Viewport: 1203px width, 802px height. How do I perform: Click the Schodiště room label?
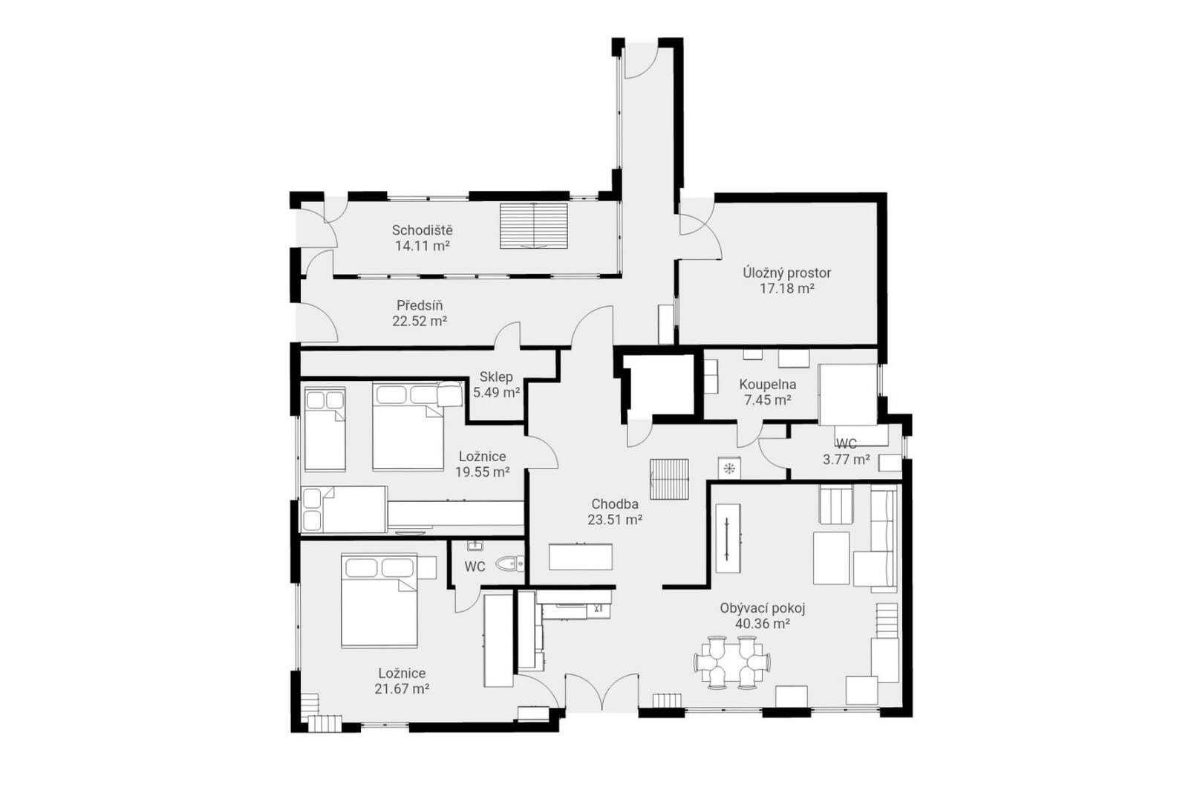(x=422, y=230)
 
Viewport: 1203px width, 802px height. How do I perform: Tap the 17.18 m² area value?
(x=787, y=288)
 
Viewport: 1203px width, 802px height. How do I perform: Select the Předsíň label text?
(x=420, y=306)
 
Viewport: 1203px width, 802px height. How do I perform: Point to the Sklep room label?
(x=496, y=377)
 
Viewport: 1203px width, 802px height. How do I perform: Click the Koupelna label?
(x=767, y=385)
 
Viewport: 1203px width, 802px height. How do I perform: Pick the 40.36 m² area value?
(x=763, y=624)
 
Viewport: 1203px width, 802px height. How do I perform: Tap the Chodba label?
(x=615, y=504)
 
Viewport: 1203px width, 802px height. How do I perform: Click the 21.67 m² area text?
(x=402, y=688)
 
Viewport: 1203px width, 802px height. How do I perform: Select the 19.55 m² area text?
(x=482, y=472)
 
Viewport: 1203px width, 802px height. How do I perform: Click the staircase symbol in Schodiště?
(x=534, y=226)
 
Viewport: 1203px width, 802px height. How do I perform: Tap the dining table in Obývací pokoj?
(x=732, y=662)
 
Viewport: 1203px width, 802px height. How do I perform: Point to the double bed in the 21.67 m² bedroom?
(x=379, y=601)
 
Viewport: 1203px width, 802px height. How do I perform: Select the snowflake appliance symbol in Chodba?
(x=729, y=468)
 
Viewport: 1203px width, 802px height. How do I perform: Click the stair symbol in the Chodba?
(x=669, y=479)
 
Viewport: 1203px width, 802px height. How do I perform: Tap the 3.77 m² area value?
(x=847, y=460)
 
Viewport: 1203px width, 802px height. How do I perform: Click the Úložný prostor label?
(x=787, y=273)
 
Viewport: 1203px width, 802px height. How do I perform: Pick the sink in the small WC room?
(x=475, y=546)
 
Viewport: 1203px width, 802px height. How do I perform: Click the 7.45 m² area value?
(x=767, y=400)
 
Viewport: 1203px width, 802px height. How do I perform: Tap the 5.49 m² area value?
(x=496, y=393)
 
